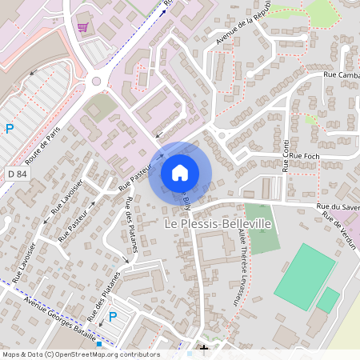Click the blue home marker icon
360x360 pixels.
tap(180, 172)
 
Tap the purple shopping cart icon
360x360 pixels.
tap(82, 27)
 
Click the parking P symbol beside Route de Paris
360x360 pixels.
tap(10, 128)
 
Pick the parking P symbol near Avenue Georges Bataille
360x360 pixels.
tap(113, 316)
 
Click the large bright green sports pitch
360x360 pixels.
tap(305, 276)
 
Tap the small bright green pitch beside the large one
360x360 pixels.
tap(328, 300)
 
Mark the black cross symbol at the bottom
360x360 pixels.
tap(204, 349)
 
